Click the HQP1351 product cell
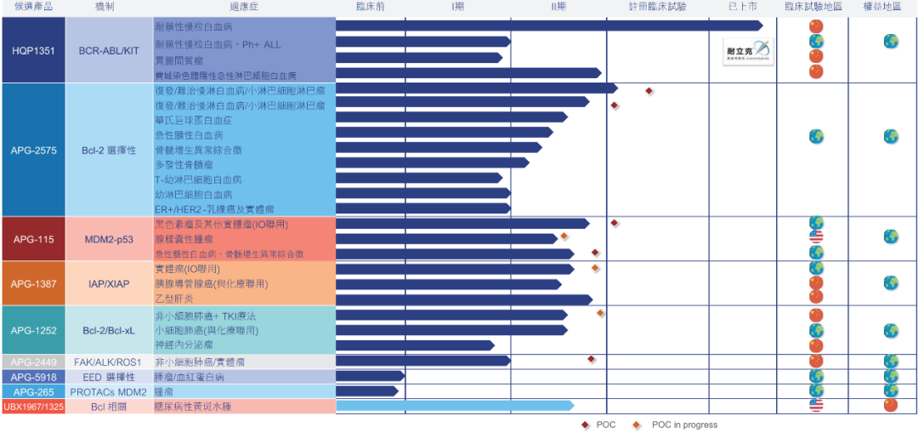(34, 51)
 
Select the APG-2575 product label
(34, 151)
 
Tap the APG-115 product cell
(34, 240)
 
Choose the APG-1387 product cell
(34, 283)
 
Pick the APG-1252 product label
(34, 331)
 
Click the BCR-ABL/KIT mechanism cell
(109, 51)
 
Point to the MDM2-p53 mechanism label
(109, 240)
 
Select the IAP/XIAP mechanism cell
(109, 283)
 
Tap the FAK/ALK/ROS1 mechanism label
(108, 362)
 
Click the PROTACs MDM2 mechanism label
(108, 391)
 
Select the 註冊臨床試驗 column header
(657, 7)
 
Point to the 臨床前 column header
(371, 7)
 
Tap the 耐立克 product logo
(748, 52)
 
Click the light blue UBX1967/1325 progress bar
(455, 406)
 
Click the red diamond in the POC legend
(585, 424)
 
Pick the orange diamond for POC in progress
(637, 424)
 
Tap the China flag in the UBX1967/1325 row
(890, 405)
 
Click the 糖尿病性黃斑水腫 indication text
(192, 407)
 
